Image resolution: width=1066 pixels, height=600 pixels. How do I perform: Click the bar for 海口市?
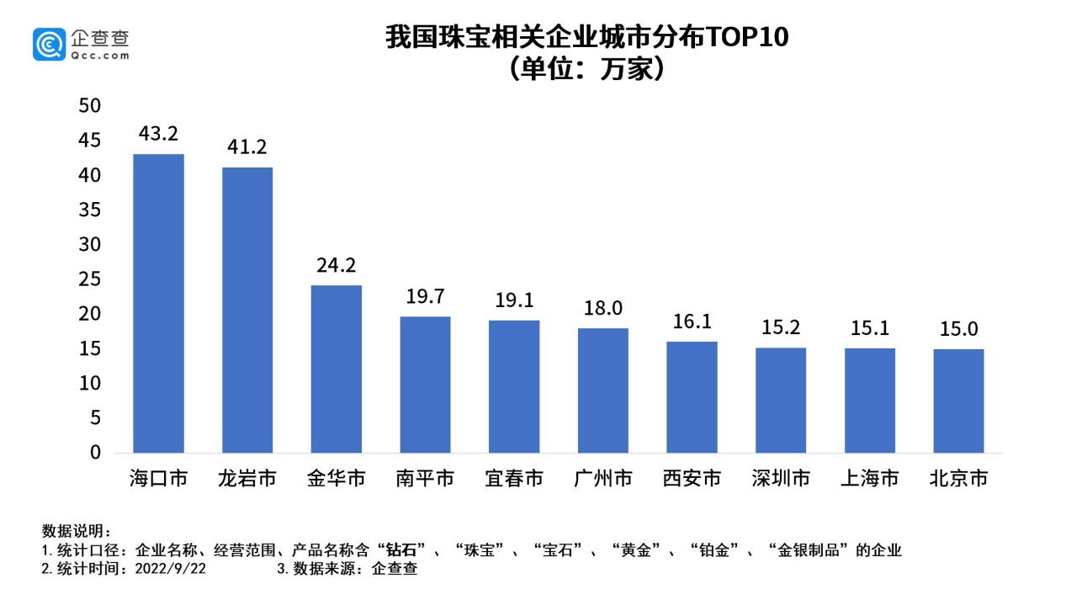[158, 303]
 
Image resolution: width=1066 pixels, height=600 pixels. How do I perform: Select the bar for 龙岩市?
[247, 310]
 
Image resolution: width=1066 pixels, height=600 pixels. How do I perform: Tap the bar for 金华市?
[336, 369]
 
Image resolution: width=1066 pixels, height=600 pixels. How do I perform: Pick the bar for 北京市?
[958, 401]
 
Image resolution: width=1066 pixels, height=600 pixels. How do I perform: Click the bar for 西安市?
[692, 396]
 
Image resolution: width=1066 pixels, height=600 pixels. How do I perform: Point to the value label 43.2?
[158, 134]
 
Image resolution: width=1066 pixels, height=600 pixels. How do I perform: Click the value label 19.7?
[425, 296]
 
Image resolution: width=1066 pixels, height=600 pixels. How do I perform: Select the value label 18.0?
[602, 308]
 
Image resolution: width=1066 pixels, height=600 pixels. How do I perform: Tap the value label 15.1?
[869, 328]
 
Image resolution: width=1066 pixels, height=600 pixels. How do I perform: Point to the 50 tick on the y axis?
[89, 106]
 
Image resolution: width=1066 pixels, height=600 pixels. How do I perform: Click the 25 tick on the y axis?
[89, 279]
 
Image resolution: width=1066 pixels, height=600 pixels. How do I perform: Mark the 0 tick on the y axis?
[95, 453]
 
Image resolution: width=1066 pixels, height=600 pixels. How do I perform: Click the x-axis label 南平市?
[425, 479]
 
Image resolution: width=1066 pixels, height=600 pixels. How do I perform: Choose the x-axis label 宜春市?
[514, 479]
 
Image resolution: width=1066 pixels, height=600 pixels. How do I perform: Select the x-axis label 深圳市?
[781, 479]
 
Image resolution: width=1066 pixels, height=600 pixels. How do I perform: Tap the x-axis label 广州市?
[602, 479]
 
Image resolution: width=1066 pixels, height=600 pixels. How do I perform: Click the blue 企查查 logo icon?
[49, 44]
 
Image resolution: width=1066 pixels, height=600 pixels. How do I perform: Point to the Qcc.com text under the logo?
[99, 56]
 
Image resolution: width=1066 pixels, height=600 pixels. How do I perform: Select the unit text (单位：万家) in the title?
[586, 69]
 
